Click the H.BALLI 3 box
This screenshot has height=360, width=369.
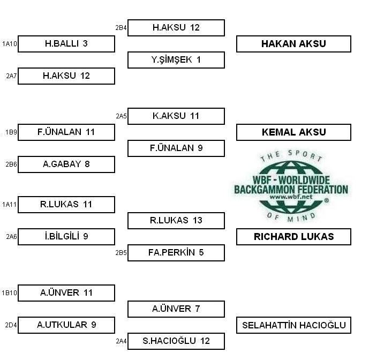pyautogui.click(x=66, y=44)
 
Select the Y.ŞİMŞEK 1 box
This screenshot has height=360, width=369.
pyautogui.click(x=176, y=60)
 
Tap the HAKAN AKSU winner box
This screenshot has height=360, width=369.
pyautogui.click(x=293, y=44)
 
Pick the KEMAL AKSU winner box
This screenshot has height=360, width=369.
pyautogui.click(x=293, y=132)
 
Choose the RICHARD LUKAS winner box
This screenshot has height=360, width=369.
pyautogui.click(x=293, y=237)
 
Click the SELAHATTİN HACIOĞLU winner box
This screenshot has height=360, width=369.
pyautogui.click(x=293, y=325)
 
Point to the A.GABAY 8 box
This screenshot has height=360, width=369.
pyautogui.click(x=66, y=164)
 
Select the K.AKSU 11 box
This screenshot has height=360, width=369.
pyautogui.click(x=176, y=116)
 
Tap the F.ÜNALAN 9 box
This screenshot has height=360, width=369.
pyautogui.click(x=176, y=148)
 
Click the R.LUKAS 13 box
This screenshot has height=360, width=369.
pyautogui.click(x=176, y=221)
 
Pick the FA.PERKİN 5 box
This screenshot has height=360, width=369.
pyautogui.click(x=176, y=253)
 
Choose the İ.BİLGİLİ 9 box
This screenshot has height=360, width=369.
pyautogui.click(x=66, y=237)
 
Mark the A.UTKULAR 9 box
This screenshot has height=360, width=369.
pyautogui.click(x=66, y=325)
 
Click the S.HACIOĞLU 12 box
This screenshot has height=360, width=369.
pyautogui.click(x=176, y=341)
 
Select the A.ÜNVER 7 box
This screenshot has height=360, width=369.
pyautogui.click(x=176, y=309)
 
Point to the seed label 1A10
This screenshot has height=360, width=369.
pyautogui.click(x=10, y=44)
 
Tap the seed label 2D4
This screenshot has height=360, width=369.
pyautogui.click(x=11, y=325)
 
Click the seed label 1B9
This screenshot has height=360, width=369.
pyautogui.click(x=11, y=132)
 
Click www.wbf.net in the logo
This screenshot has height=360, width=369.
pyautogui.click(x=291, y=197)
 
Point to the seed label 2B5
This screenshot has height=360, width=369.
pyautogui.click(x=121, y=253)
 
